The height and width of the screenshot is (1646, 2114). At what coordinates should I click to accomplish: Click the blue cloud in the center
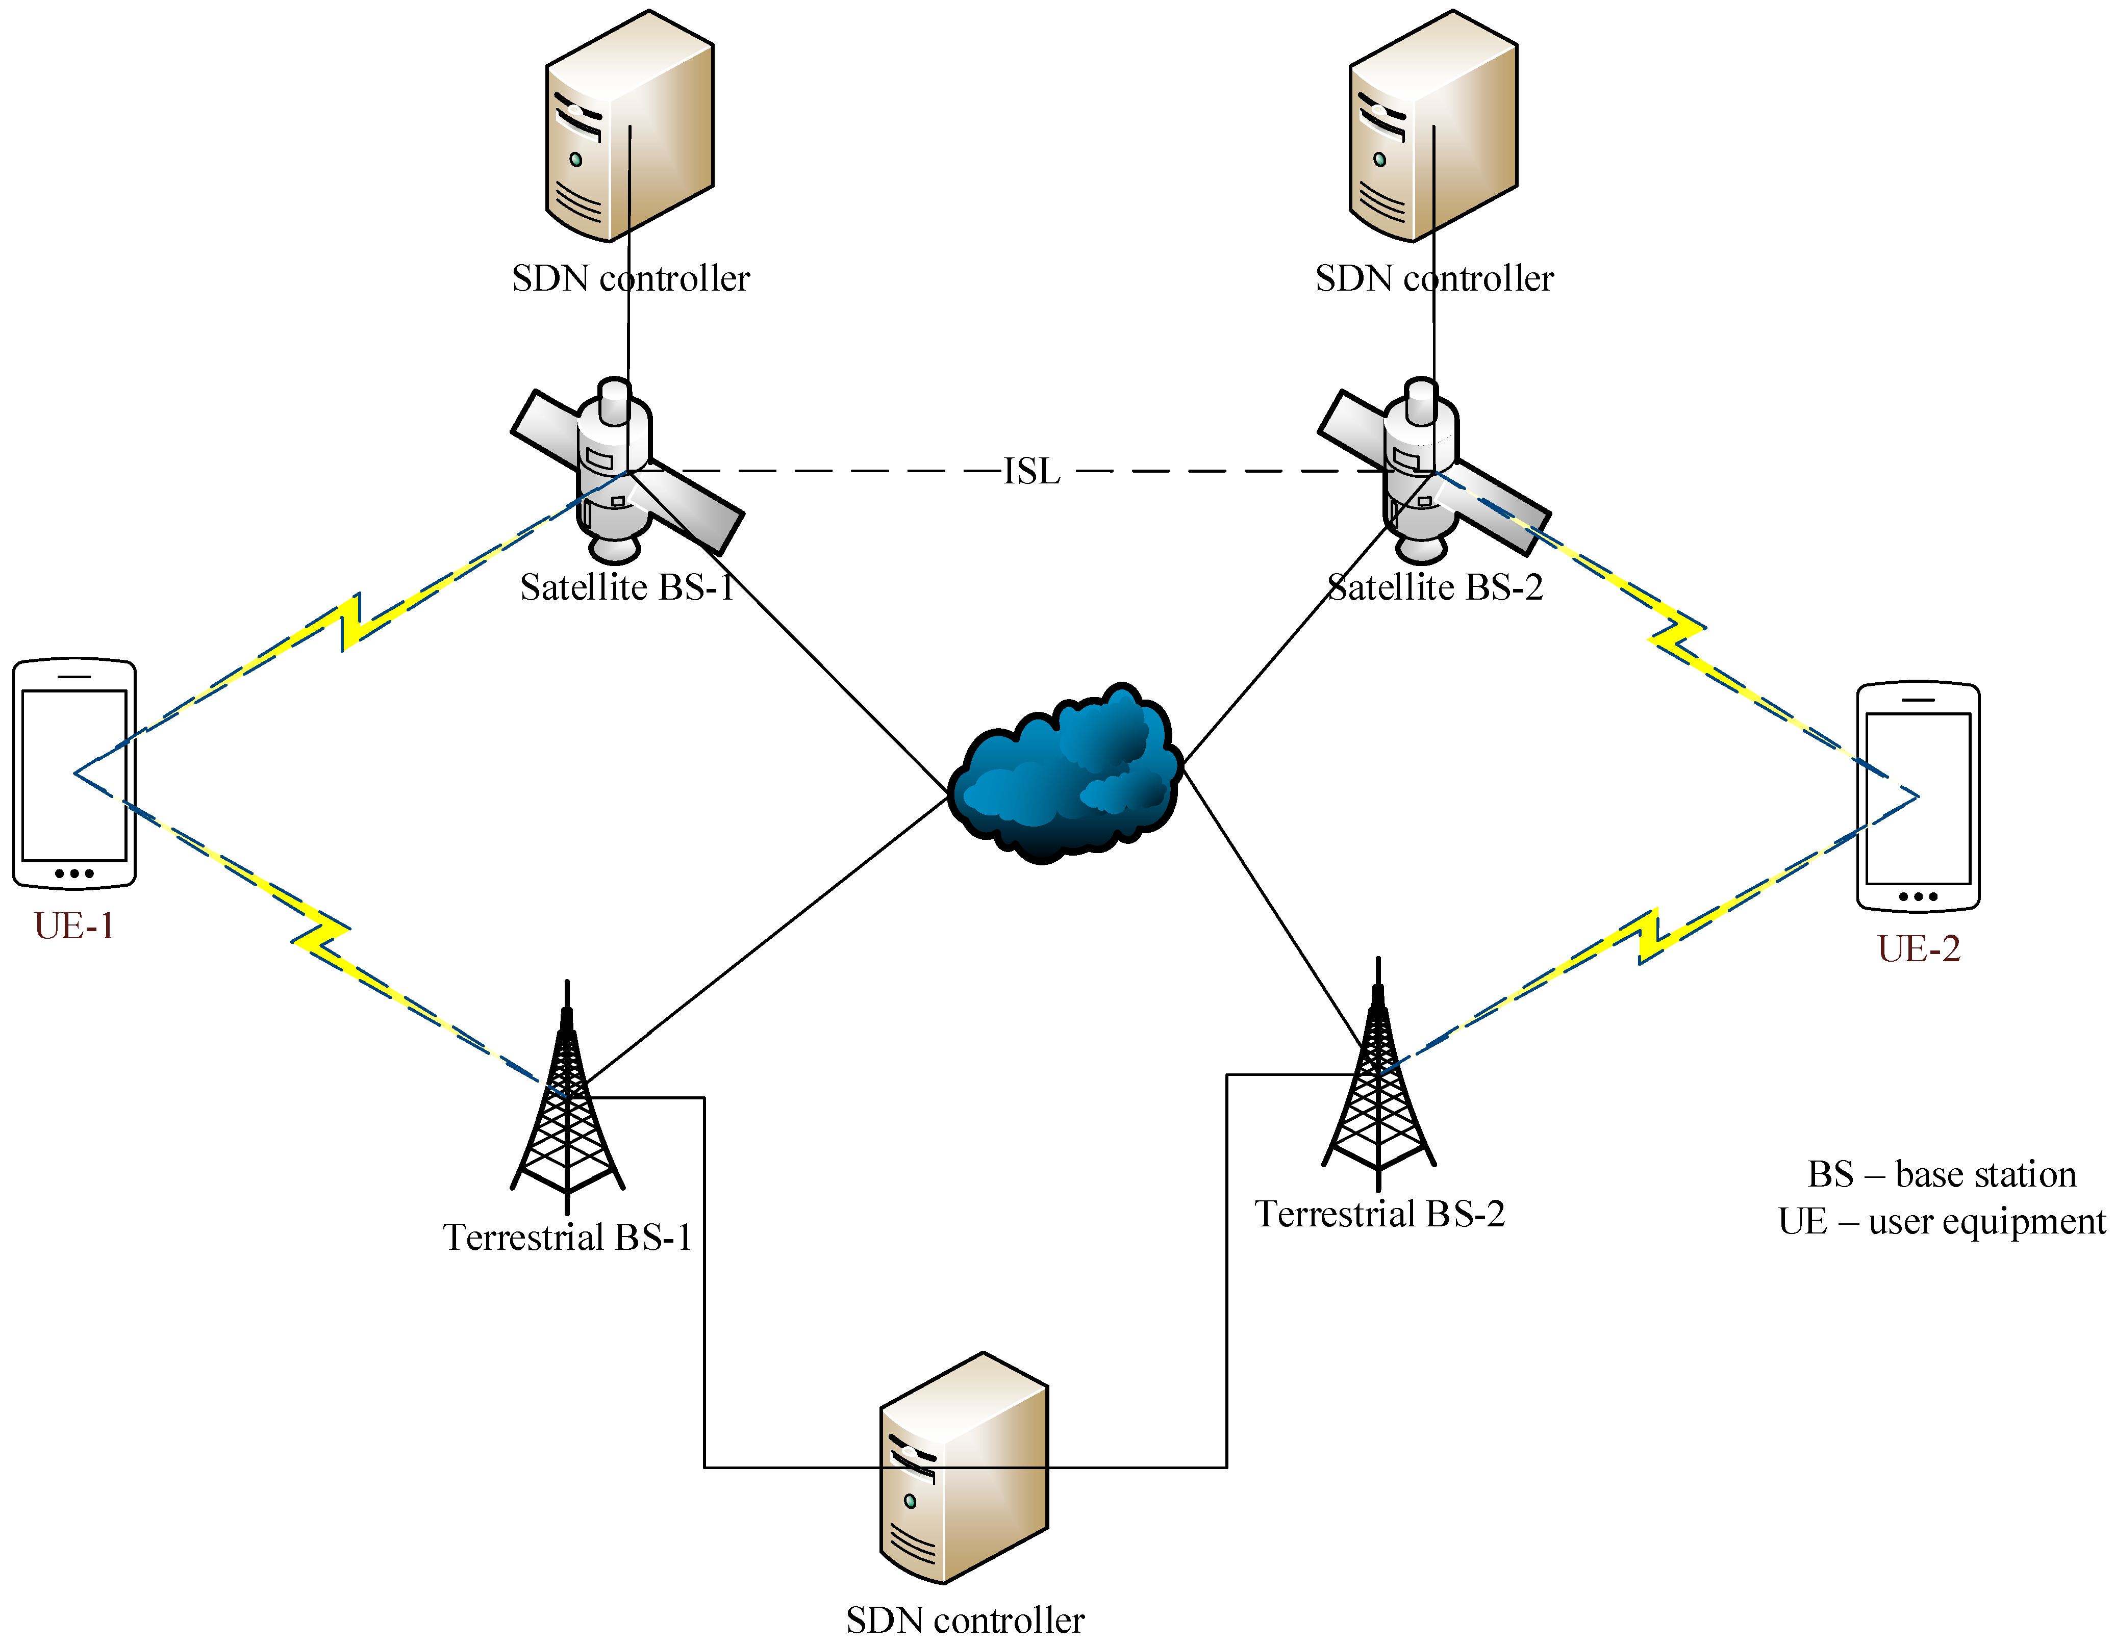(x=1065, y=774)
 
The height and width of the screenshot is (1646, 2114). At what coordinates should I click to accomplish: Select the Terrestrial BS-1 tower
(x=567, y=1103)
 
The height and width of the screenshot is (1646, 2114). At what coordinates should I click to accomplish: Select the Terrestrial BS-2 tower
(x=1378, y=1079)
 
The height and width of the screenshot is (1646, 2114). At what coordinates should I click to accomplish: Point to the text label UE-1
(x=74, y=926)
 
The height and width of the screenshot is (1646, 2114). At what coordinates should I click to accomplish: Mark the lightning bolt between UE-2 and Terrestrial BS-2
(x=1648, y=936)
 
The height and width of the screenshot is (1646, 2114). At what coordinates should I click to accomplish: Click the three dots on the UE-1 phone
(x=74, y=873)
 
